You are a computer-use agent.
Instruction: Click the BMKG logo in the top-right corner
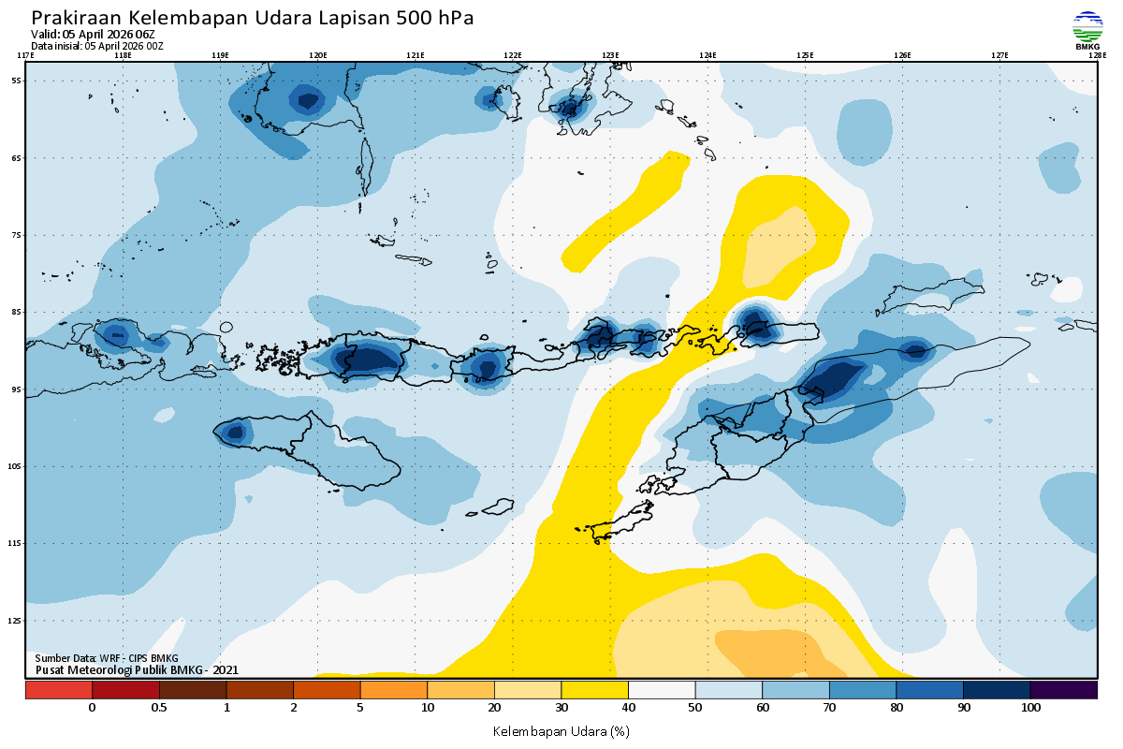(x=1087, y=30)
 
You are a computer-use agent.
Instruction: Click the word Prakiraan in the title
(x=76, y=18)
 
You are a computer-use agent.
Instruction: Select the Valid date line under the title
(x=93, y=35)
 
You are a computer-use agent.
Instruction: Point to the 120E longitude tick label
(x=317, y=55)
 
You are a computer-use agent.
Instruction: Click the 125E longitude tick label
(x=805, y=55)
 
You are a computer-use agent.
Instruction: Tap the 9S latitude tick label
(x=17, y=389)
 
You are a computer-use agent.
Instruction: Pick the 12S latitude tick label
(x=16, y=620)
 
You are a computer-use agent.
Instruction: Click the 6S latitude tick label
(x=17, y=158)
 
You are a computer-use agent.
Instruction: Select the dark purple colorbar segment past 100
(x=1063, y=690)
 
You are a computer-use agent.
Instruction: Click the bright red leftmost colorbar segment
(x=58, y=690)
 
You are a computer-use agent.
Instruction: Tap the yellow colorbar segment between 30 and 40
(x=594, y=690)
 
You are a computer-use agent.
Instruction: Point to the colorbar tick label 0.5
(x=159, y=708)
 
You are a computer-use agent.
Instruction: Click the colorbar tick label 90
(x=964, y=708)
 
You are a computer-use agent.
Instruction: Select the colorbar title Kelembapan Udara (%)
(x=561, y=730)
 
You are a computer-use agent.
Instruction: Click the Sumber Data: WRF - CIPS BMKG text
(x=106, y=658)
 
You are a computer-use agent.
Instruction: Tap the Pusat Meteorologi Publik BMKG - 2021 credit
(x=137, y=669)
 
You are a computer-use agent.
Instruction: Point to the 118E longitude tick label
(x=122, y=55)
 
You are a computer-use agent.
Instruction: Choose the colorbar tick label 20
(x=494, y=708)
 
